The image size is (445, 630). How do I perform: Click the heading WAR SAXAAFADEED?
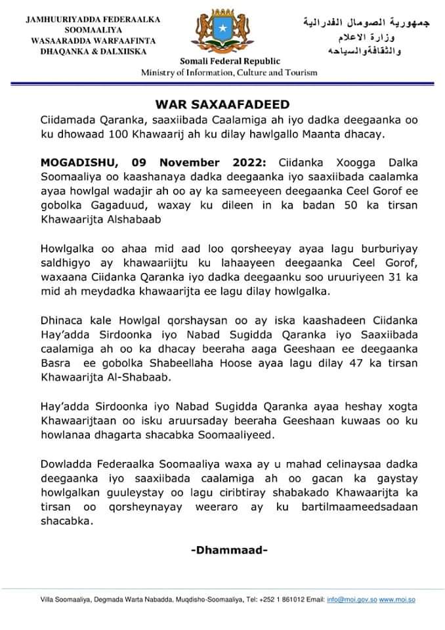pos(222,104)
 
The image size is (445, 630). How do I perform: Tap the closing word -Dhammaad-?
pos(229,549)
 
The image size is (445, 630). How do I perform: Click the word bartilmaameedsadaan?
pos(366,507)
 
